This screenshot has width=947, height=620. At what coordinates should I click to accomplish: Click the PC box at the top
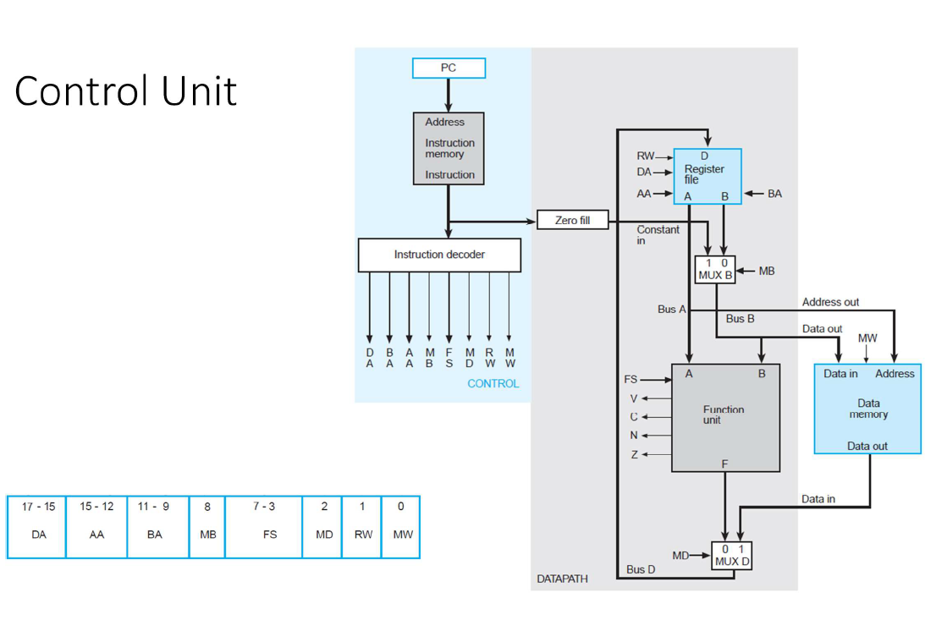[449, 68]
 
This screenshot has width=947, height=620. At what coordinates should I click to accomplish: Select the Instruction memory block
[449, 149]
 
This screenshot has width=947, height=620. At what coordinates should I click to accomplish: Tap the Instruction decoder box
[439, 255]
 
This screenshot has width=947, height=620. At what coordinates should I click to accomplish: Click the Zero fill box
[572, 221]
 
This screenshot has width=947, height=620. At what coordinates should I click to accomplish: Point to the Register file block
[707, 176]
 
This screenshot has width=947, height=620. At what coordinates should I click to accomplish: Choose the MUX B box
[715, 270]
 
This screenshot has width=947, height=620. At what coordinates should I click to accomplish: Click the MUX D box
[732, 555]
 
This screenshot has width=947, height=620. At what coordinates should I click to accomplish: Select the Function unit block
[725, 417]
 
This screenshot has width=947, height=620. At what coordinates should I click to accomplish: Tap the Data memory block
[867, 409]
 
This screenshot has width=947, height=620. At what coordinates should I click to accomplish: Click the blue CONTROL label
[493, 384]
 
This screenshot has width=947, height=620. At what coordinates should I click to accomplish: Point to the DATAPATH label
[562, 579]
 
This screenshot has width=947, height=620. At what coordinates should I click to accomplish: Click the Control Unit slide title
[125, 91]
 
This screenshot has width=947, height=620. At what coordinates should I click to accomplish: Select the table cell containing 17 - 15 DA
[37, 527]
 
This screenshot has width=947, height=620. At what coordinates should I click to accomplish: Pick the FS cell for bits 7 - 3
[263, 527]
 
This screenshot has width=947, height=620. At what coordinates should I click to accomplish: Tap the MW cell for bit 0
[401, 527]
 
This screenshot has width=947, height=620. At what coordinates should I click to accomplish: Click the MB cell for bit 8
[207, 527]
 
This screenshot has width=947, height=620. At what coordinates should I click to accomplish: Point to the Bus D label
[641, 569]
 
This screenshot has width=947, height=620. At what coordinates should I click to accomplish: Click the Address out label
[830, 302]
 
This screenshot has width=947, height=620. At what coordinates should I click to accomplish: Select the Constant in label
[658, 235]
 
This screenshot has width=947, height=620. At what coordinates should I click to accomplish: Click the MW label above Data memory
[867, 337]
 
